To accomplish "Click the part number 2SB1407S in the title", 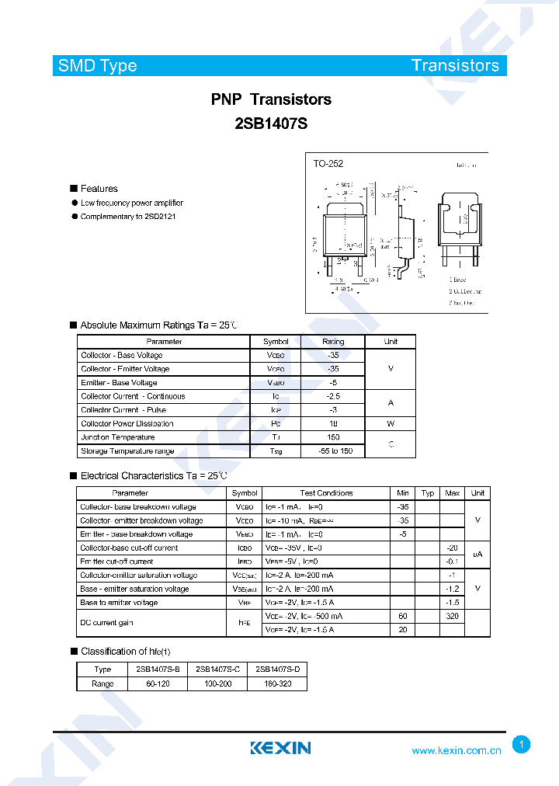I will coord(271,122).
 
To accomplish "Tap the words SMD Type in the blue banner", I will coord(97,66).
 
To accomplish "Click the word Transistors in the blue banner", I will coord(455,66).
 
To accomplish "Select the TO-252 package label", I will coord(328,164).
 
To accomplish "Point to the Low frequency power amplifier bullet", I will coord(132,203).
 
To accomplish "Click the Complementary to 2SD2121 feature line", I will coord(128,217).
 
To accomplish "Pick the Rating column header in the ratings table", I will coord(333,342).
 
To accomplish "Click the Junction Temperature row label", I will coord(118,437).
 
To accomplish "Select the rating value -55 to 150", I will coord(335,451).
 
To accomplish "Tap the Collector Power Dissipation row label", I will coord(127,424).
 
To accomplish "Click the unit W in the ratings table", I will coord(391,424).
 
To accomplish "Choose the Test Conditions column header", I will coord(326,493).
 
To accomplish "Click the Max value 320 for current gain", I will coord(452,616).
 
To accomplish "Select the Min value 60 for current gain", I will coord(403,616).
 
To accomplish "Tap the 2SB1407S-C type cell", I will coord(217,669).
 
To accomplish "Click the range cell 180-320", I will coord(277,683).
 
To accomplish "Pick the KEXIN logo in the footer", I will coord(280,748).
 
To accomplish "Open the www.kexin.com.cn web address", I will coord(457,751).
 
